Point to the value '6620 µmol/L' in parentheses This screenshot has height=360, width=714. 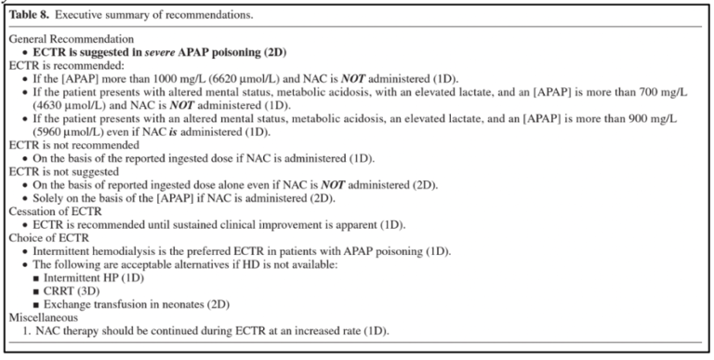(x=238, y=80)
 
